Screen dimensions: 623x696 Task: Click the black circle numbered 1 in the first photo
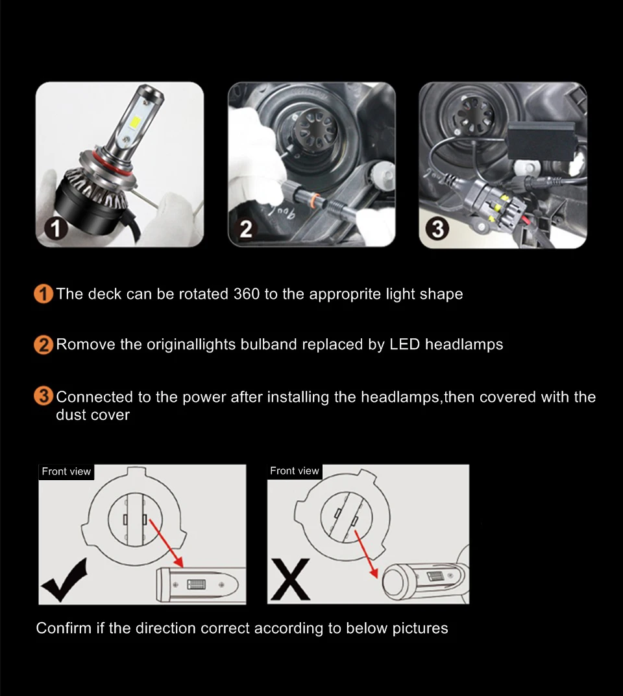(x=56, y=229)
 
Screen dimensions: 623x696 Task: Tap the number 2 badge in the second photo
(x=246, y=229)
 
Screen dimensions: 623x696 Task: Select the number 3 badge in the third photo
(x=437, y=229)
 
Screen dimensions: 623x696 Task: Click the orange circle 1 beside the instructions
(x=43, y=294)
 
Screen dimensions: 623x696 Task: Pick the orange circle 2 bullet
(x=43, y=345)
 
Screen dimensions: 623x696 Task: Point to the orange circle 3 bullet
(x=43, y=396)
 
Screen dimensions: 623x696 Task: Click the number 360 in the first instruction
(x=246, y=294)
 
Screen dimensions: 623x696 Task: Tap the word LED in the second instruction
(x=405, y=345)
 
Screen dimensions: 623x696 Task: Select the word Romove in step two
(x=86, y=345)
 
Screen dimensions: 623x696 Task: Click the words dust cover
(x=93, y=415)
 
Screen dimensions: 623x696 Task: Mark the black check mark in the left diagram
(x=64, y=581)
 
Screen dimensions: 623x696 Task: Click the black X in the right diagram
(x=290, y=579)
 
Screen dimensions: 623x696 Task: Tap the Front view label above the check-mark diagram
(x=66, y=471)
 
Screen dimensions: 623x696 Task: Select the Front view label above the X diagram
(x=295, y=470)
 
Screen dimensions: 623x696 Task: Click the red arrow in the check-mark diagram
(x=165, y=543)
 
